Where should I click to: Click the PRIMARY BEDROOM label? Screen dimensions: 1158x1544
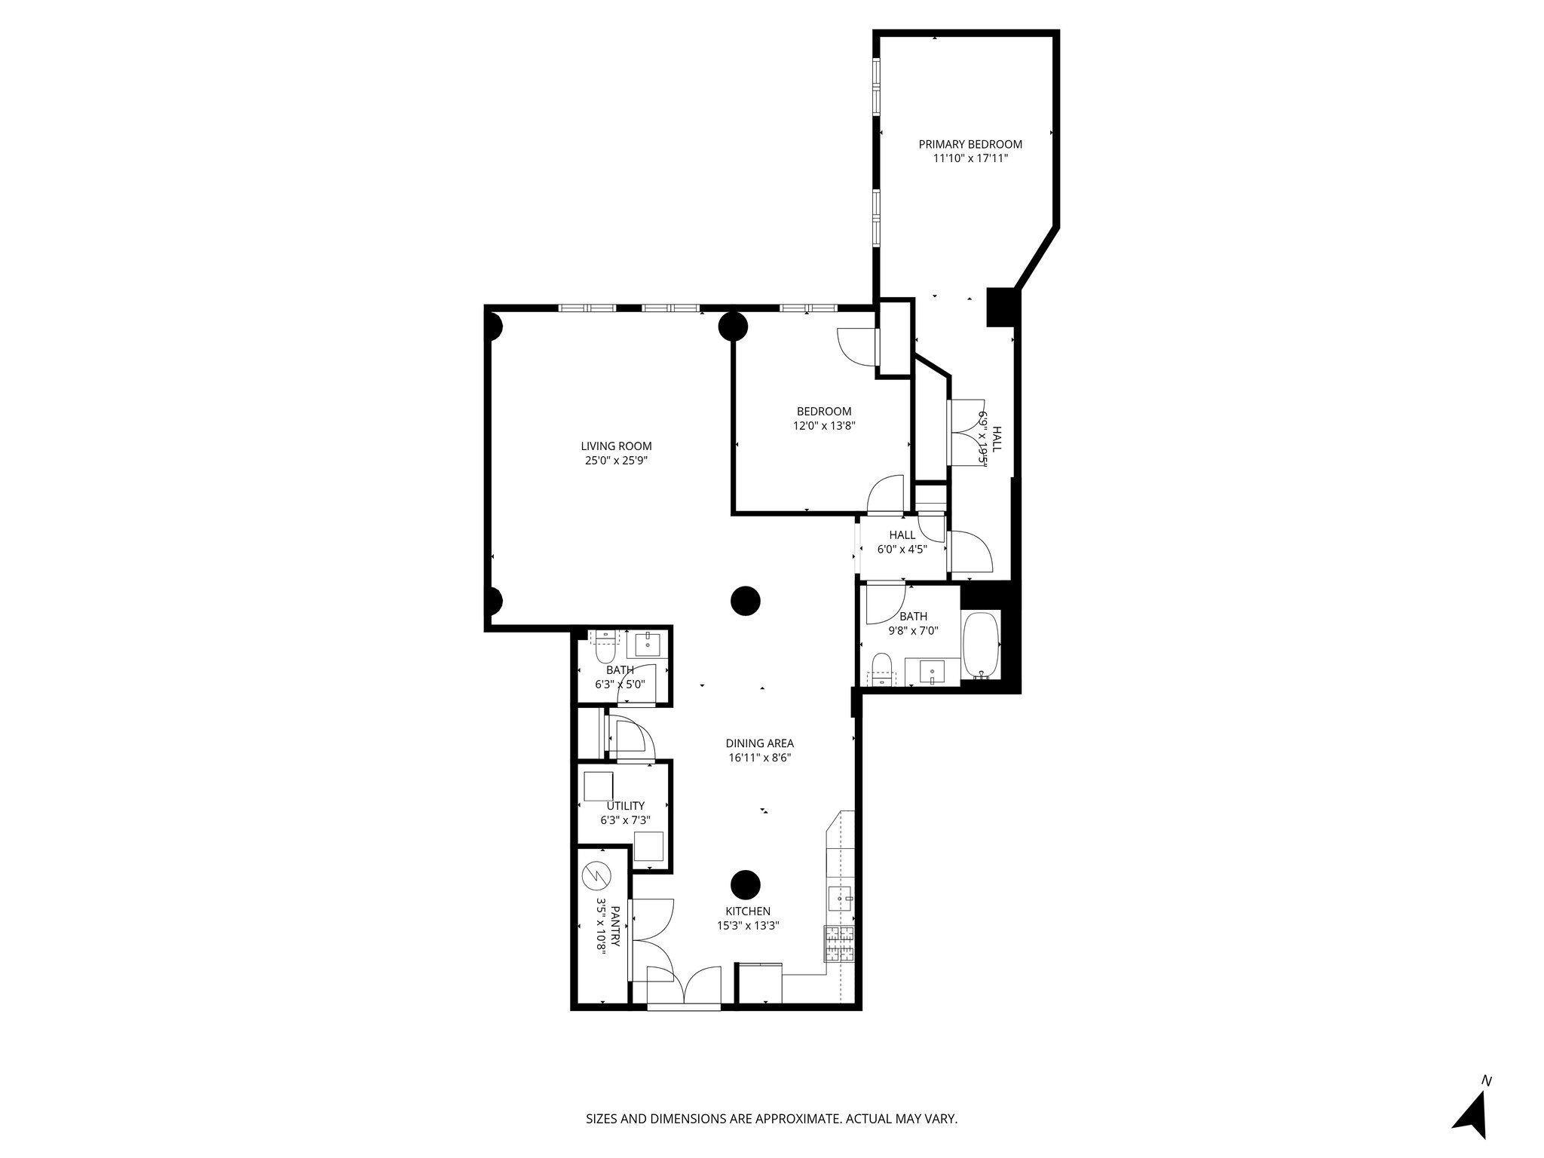tap(970, 144)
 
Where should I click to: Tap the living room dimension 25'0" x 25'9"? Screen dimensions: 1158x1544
tap(616, 460)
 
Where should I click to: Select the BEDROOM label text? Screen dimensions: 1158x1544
tap(824, 412)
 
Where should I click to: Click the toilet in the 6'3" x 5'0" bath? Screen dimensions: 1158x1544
tap(605, 648)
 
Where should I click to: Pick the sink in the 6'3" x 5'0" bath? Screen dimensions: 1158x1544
tap(648, 645)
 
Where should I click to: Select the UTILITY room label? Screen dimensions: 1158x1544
tap(625, 806)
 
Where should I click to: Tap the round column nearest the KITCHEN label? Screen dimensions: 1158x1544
tap(745, 884)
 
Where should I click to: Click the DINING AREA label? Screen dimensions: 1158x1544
tap(759, 743)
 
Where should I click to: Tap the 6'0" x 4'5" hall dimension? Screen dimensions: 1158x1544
tap(902, 550)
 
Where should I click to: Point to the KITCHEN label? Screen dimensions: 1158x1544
tap(747, 911)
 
